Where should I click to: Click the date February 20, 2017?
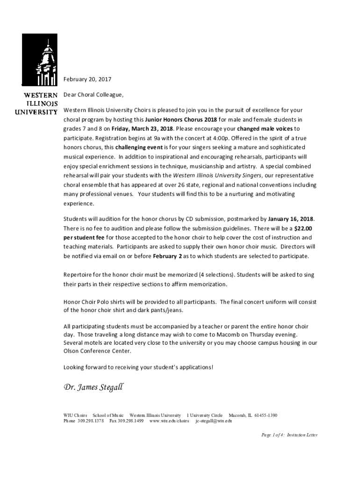coord(87,79)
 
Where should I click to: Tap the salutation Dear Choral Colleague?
coord(94,95)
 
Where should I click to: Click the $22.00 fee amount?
coord(306,228)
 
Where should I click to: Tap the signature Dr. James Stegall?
coord(94,387)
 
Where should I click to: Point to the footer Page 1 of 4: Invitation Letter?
coord(289,435)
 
